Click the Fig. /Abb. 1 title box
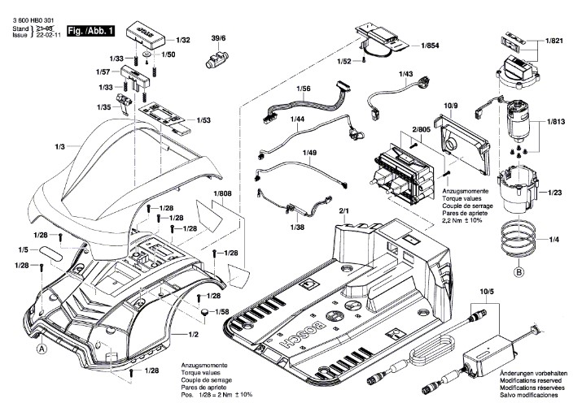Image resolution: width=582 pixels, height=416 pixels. click(x=91, y=31)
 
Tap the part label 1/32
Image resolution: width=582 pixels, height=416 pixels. click(x=183, y=40)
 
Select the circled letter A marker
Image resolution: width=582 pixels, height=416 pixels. click(x=42, y=349)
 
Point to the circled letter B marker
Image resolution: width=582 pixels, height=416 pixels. click(x=519, y=272)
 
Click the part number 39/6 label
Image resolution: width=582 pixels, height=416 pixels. click(x=218, y=38)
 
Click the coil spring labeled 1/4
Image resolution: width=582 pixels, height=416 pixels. click(x=519, y=240)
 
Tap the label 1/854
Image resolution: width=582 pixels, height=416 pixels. click(x=430, y=45)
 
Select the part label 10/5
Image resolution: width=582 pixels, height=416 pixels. click(x=487, y=292)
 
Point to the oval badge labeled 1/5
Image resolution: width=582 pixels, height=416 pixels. click(x=50, y=253)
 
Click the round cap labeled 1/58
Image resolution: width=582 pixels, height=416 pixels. click(x=205, y=312)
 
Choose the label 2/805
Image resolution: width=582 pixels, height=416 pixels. click(x=422, y=129)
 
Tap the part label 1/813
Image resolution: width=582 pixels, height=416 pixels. click(x=556, y=122)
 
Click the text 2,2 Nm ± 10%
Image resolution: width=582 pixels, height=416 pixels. click(x=462, y=220)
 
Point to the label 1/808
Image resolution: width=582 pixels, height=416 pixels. click(x=222, y=193)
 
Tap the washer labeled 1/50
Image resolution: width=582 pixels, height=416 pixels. click(x=147, y=54)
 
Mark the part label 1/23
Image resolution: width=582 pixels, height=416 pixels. click(x=555, y=193)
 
